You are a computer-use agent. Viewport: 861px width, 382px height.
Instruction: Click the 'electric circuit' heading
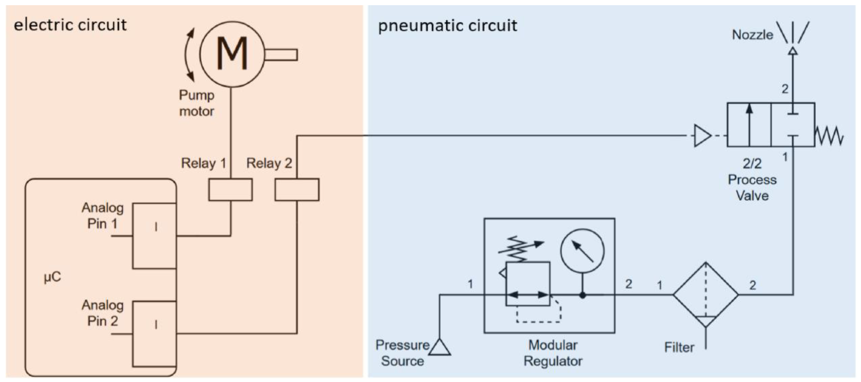click(70, 25)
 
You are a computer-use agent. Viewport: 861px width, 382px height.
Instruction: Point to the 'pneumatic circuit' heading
click(448, 26)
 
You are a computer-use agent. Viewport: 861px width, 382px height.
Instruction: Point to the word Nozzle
click(752, 35)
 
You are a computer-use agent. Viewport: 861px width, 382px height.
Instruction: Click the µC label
click(52, 277)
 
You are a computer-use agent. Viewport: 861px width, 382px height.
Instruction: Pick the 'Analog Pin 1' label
click(103, 216)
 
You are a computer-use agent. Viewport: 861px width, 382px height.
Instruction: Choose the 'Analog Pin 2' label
click(103, 313)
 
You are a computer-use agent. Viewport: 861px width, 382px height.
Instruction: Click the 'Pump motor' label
click(196, 103)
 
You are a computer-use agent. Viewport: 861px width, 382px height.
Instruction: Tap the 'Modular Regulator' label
click(553, 353)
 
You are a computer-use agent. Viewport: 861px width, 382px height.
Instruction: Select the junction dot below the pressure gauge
click(583, 295)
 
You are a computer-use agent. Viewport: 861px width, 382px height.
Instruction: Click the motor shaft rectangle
click(281, 55)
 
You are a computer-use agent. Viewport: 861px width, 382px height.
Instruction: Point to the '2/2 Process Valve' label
click(752, 179)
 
